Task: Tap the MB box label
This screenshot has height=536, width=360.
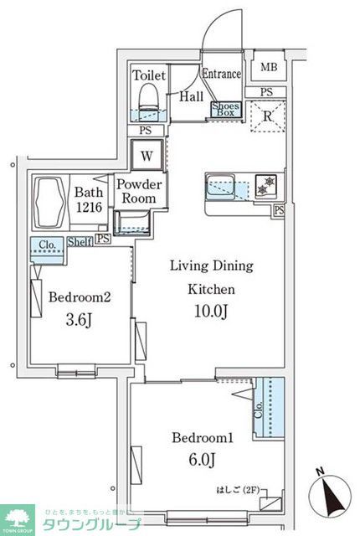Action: coord(268,68)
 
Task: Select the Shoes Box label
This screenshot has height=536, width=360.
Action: coord(225,108)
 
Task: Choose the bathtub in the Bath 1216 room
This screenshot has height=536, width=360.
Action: coord(52,202)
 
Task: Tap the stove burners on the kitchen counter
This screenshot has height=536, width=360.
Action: coord(266,184)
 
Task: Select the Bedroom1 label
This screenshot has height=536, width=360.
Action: coord(203,438)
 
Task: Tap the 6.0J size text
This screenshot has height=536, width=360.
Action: coord(203,460)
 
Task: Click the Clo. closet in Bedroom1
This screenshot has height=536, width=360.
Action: coord(270,408)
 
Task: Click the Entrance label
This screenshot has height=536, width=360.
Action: coord(222,75)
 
